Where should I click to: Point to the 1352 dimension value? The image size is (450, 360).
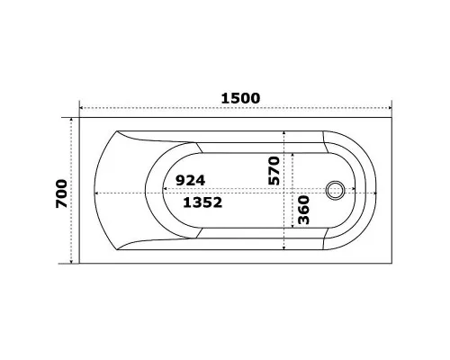pyautogui.click(x=202, y=203)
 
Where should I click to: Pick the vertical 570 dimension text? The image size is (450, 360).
pyautogui.click(x=274, y=169)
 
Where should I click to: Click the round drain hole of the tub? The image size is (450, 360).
pyautogui.click(x=337, y=191)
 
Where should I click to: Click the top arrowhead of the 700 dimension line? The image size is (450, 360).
pyautogui.click(x=72, y=121)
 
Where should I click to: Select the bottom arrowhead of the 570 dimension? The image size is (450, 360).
pyautogui.click(x=285, y=247)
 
